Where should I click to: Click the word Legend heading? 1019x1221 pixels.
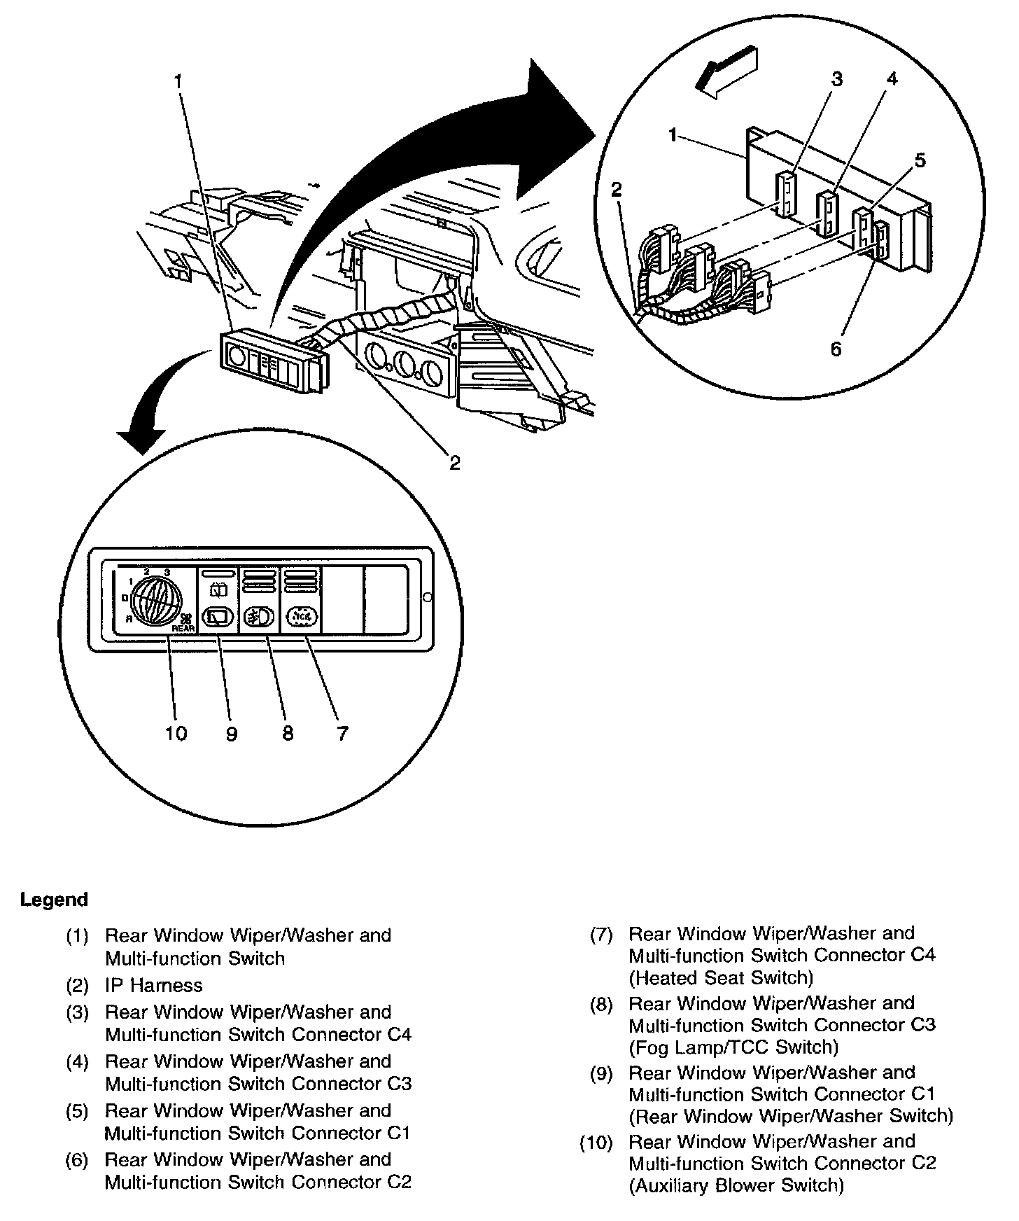click(55, 900)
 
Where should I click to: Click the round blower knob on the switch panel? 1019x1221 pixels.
click(155, 601)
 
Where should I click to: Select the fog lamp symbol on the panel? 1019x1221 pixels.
click(260, 617)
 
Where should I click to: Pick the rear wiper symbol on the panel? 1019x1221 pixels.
click(217, 617)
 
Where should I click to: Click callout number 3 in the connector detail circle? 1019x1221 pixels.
click(838, 79)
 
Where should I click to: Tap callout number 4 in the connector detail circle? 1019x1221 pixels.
click(892, 79)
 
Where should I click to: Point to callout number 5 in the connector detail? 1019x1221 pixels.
click(920, 160)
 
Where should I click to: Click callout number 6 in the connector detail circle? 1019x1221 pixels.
click(836, 349)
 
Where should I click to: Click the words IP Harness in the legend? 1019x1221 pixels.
click(153, 985)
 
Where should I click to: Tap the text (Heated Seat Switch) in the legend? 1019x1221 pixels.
click(721, 977)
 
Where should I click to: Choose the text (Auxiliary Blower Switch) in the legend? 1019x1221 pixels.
click(736, 1185)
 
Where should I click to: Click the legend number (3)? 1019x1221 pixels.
click(77, 1012)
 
